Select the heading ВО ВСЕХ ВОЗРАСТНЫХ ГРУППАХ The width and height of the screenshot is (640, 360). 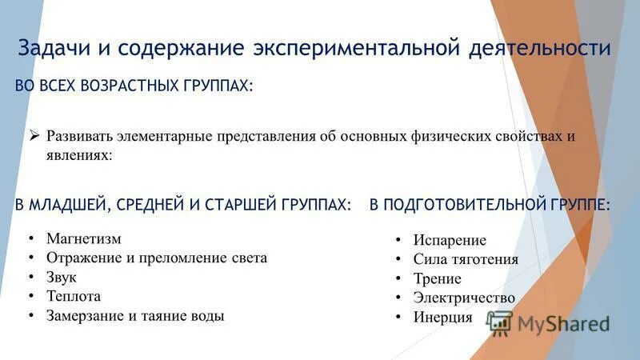click(134, 86)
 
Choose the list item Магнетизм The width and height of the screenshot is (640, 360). click(83, 238)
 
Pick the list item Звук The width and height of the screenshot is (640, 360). click(61, 277)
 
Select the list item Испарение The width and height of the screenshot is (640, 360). click(450, 240)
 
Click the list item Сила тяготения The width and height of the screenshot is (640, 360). click(466, 259)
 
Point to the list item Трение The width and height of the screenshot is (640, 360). click(437, 278)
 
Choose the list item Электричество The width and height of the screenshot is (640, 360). click(464, 298)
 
